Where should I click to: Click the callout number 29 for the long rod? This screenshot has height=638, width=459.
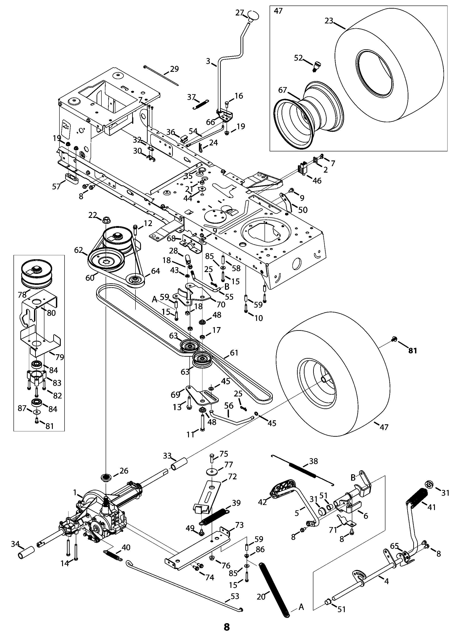174,69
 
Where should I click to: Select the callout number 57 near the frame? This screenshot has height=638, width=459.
57,186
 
